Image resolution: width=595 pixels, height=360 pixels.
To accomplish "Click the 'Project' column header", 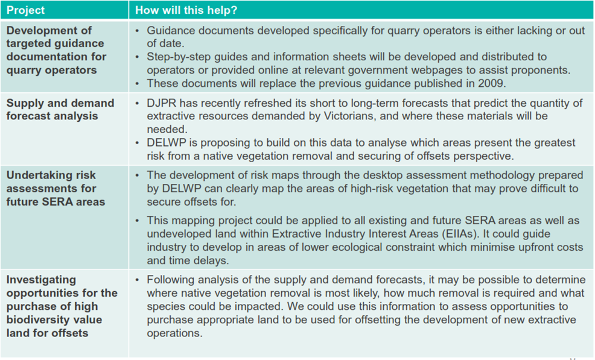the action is click(x=25, y=10).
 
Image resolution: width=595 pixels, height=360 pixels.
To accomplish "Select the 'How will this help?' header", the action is click(x=186, y=10).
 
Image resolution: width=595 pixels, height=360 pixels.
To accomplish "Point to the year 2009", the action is click(x=491, y=83).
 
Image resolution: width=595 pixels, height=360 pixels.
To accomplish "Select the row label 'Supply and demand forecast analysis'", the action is click(x=60, y=109).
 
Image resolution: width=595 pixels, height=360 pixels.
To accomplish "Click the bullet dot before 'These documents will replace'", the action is click(x=138, y=83).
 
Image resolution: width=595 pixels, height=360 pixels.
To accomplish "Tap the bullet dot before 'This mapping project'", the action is click(x=138, y=220).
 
